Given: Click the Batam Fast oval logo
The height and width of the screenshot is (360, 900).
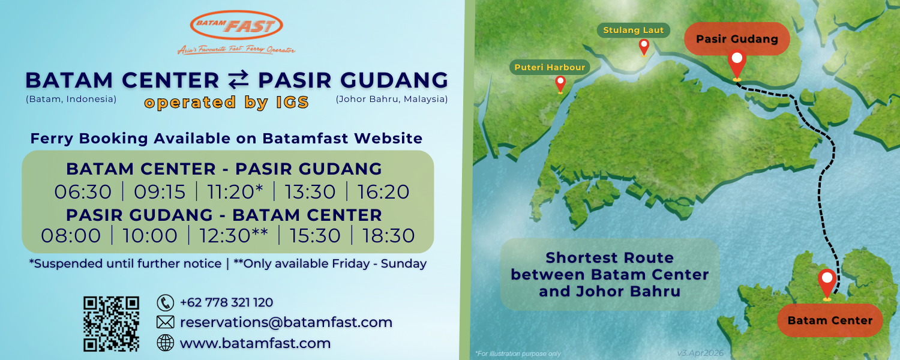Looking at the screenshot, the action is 236,25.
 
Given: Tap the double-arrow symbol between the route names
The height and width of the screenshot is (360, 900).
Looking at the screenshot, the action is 239,79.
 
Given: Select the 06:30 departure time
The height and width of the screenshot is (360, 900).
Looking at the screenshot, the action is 83,191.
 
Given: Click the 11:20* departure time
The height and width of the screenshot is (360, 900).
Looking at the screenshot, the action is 235,191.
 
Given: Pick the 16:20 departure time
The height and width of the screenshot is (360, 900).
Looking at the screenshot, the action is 383,191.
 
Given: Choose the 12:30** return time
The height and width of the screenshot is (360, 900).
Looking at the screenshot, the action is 234,235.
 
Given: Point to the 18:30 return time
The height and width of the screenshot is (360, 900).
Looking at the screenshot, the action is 389,235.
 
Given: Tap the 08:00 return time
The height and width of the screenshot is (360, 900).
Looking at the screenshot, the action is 71,235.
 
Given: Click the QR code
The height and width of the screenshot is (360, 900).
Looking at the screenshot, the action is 111,324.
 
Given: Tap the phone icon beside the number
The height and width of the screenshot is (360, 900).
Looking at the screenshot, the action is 165,302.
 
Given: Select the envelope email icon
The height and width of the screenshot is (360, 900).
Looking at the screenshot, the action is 165,322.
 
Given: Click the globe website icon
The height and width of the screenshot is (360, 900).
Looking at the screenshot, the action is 165,343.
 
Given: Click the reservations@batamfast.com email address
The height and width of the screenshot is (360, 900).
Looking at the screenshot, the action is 286,322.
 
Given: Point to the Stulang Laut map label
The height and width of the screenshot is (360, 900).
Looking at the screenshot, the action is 633,30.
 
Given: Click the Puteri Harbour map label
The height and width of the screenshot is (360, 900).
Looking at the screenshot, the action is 550,67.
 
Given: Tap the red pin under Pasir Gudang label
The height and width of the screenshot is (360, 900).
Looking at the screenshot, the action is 737,65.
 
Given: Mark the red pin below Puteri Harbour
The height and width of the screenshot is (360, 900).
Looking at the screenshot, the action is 560,85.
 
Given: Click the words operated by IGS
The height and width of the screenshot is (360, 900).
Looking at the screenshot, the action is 227,103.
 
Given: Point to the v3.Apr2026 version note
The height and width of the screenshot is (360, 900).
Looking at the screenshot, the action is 700,353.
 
